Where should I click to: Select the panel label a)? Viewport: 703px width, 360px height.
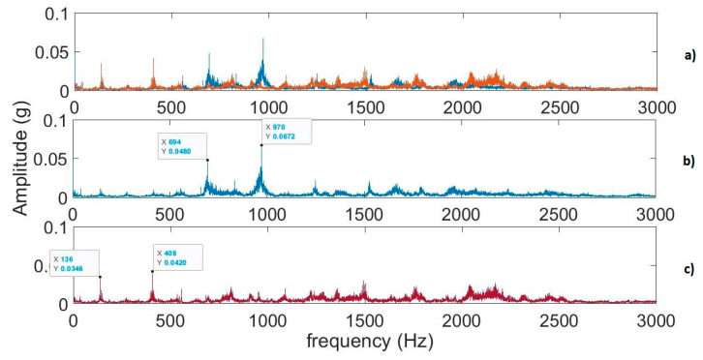[x=689, y=57]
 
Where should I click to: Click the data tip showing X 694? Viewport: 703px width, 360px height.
[x=182, y=147]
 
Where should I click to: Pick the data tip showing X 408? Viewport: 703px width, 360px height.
[x=176, y=256]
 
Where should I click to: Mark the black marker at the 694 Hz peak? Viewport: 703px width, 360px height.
[x=208, y=160]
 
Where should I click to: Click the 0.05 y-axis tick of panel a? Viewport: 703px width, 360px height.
[x=56, y=50]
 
